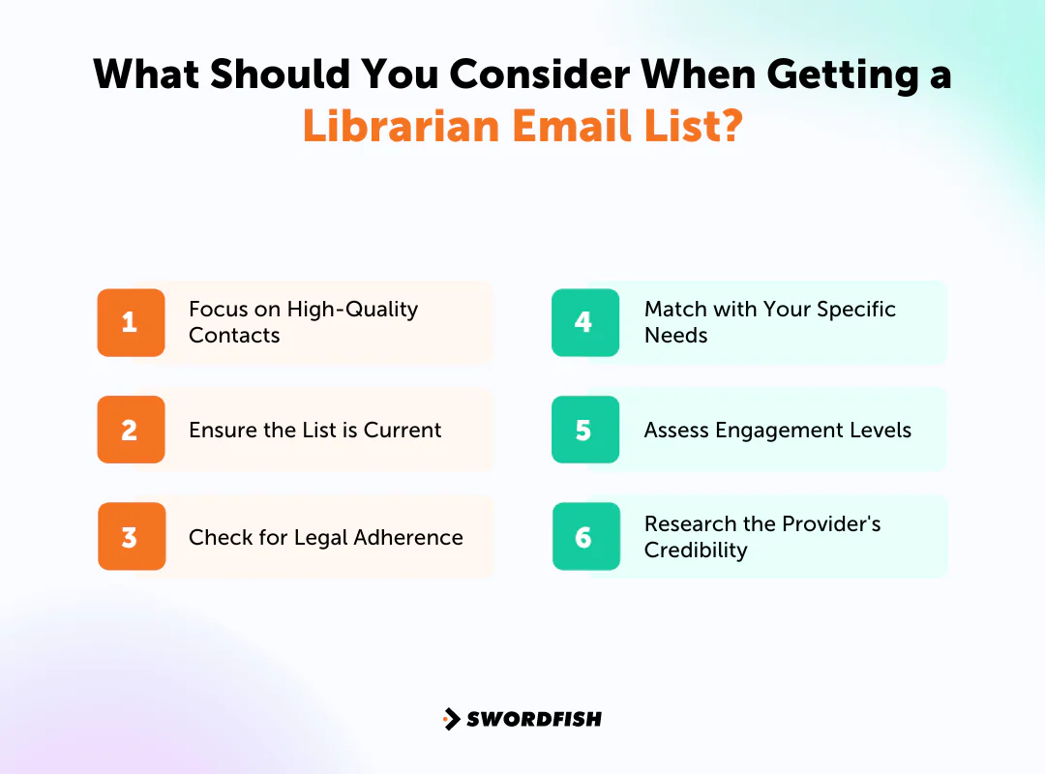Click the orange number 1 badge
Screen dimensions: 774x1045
pos(131,322)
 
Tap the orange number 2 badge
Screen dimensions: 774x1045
pos(131,430)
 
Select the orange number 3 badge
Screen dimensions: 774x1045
pos(131,537)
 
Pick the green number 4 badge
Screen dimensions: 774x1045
pos(584,322)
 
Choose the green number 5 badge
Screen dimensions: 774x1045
pos(584,430)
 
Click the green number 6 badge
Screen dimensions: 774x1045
pos(584,537)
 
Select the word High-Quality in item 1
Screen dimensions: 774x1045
pos(357,310)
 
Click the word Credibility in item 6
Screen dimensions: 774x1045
pos(696,551)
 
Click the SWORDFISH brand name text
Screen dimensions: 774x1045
pos(534,719)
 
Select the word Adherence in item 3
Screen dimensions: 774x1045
pos(413,537)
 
